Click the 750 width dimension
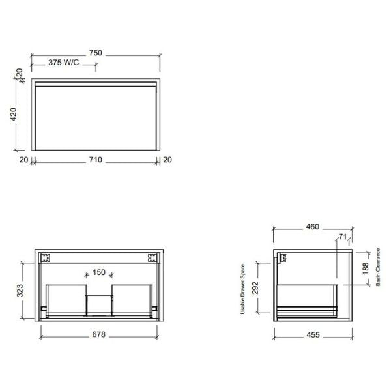click(96, 53)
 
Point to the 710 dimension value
click(95, 160)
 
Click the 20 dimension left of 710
click(23, 160)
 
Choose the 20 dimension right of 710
click(167, 160)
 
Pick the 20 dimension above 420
click(20, 73)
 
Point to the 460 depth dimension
click(312, 227)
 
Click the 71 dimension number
click(342, 237)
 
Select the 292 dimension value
click(256, 287)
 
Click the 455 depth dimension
click(312, 335)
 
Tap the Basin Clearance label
click(378, 267)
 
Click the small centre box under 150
click(99, 304)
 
